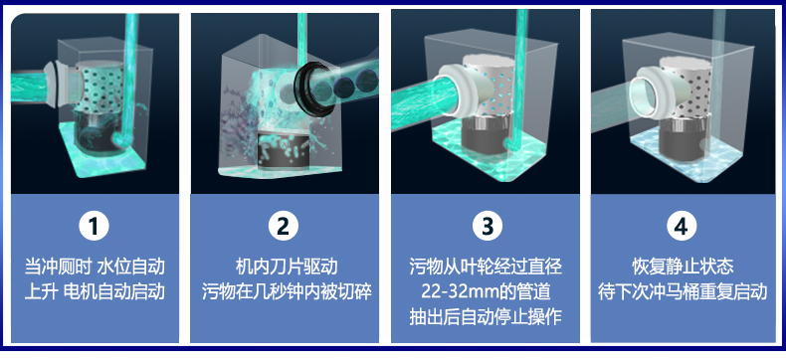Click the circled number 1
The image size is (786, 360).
94,227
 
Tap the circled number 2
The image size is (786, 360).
284,227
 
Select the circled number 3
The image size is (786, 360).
487,227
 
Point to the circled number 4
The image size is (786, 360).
682,227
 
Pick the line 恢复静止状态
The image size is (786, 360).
683,267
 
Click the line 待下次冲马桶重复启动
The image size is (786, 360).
683,292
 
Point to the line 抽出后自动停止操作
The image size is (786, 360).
486,318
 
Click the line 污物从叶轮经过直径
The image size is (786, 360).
486,267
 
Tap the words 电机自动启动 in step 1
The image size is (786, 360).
114,292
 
